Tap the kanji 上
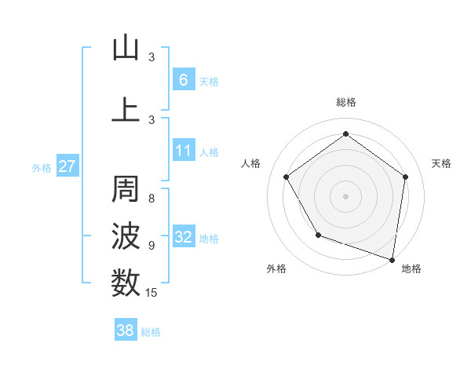(126, 108)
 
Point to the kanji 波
(126, 236)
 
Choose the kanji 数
(126, 282)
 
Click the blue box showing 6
(183, 79)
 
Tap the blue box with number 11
(183, 151)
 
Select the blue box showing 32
(183, 237)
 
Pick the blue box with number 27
(67, 166)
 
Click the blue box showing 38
(125, 331)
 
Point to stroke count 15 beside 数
(152, 293)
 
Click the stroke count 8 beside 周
(152, 199)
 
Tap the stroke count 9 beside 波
(152, 245)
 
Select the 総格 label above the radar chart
(346, 102)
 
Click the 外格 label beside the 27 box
(42, 167)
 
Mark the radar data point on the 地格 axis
(392, 258)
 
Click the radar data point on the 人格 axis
(287, 177)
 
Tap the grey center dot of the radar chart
(345, 195)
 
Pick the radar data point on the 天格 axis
(405, 177)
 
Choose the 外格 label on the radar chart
(276, 269)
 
